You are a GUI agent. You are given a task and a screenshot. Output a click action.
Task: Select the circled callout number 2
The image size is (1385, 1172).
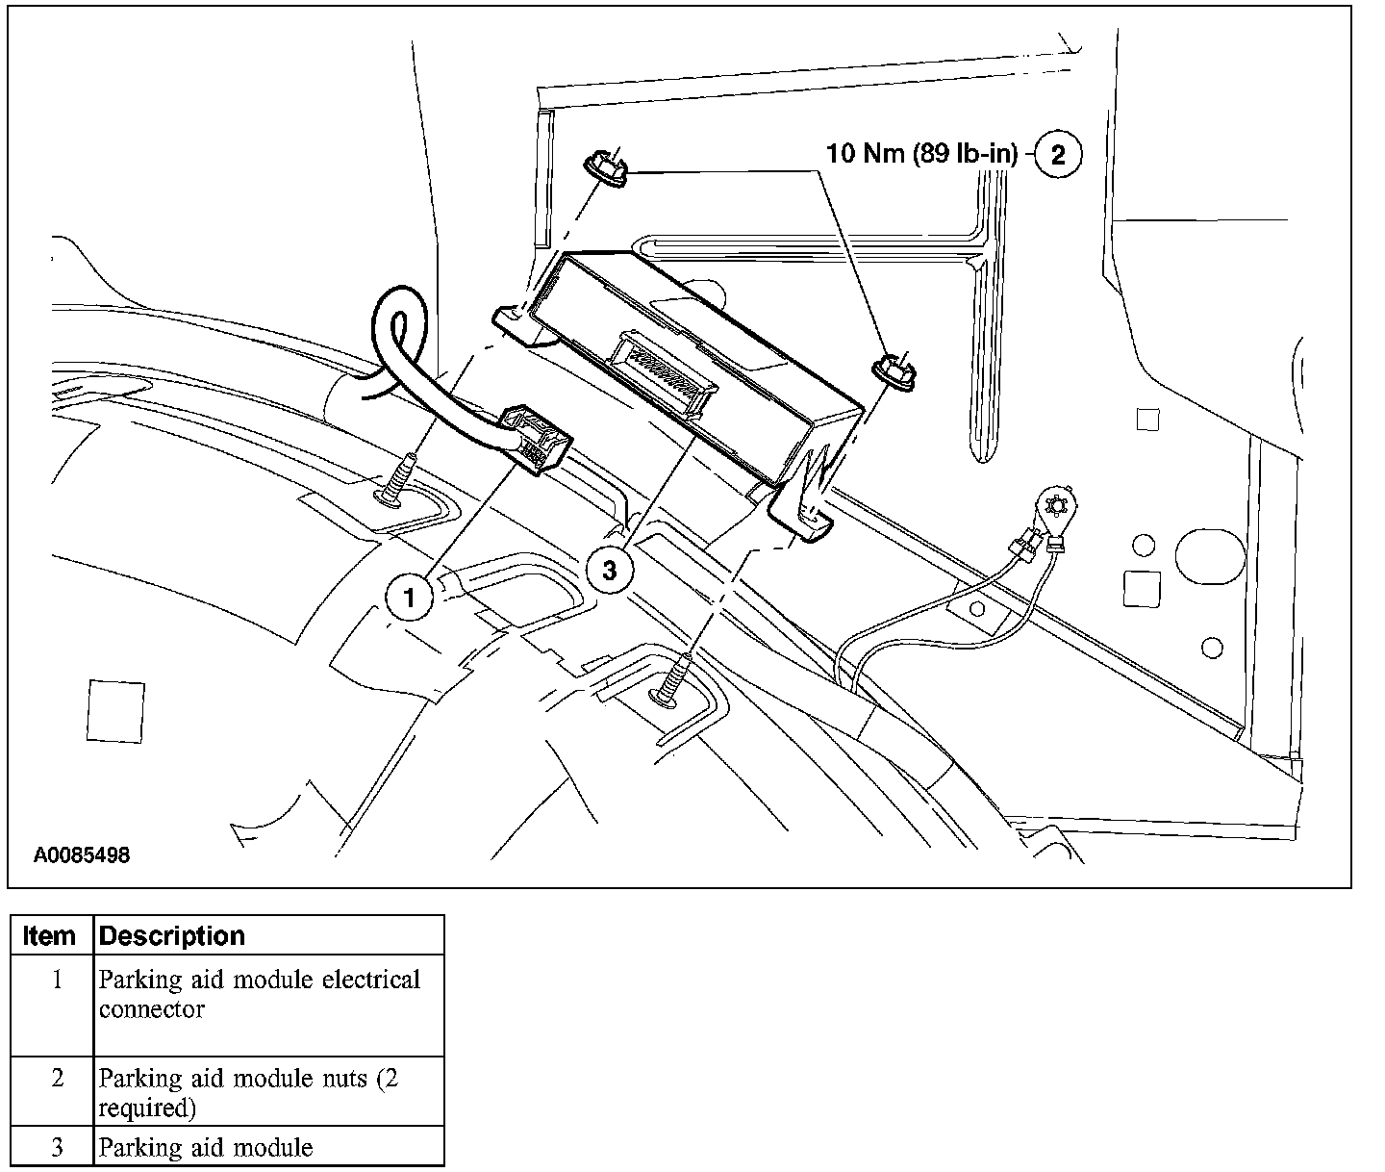tap(1058, 155)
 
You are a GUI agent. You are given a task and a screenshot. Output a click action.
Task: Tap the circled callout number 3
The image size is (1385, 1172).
tap(609, 571)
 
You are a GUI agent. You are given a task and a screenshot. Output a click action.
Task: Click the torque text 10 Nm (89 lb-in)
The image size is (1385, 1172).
tap(921, 154)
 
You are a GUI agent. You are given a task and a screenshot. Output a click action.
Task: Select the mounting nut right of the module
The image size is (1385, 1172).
tap(895, 371)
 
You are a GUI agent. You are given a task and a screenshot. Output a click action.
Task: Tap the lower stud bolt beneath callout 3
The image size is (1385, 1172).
tap(675, 679)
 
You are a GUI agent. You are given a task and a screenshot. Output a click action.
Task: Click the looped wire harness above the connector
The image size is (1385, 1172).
tap(399, 337)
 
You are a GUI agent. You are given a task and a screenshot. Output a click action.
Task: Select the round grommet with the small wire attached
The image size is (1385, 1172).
tap(1057, 506)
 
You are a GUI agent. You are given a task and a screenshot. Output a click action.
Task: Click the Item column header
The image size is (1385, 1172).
tap(50, 935)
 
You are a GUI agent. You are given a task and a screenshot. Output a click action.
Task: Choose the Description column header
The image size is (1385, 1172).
tap(173, 935)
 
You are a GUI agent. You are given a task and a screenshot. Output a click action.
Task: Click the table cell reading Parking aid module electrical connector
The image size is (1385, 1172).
tap(260, 995)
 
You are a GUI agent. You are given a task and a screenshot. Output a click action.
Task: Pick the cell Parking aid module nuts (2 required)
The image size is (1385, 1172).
tap(248, 1093)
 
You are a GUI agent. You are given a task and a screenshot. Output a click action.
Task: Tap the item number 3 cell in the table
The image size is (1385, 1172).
tap(57, 1147)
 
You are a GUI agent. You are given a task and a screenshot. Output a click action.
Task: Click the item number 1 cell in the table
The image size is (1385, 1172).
tap(57, 981)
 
